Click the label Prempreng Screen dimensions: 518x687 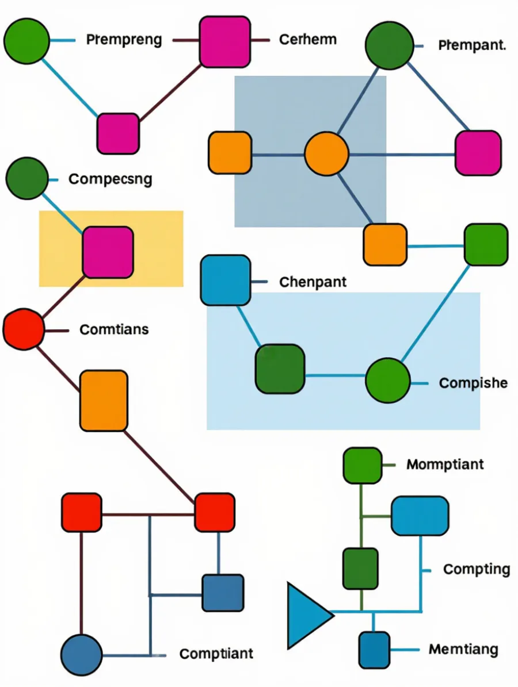click(124, 40)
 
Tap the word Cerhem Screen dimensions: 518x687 click(308, 40)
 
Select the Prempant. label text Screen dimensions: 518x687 click(473, 45)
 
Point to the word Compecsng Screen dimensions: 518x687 click(111, 179)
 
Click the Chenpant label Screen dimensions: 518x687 click(313, 282)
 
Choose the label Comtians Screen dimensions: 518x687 click(114, 329)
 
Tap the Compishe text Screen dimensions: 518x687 click(473, 383)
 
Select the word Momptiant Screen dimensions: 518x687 click(445, 464)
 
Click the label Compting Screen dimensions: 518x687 click(477, 569)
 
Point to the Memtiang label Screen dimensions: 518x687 click(464, 649)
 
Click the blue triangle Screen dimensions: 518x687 click(307, 616)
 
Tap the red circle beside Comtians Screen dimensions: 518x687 click(24, 329)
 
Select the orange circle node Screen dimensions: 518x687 click(327, 154)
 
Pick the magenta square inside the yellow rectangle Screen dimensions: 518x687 click(108, 252)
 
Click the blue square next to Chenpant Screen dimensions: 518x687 click(226, 281)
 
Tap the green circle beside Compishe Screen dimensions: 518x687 click(388, 381)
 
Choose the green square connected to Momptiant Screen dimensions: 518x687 click(362, 465)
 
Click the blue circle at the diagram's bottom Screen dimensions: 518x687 click(82, 655)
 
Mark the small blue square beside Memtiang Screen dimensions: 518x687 click(374, 650)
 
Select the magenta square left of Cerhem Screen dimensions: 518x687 click(225, 41)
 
